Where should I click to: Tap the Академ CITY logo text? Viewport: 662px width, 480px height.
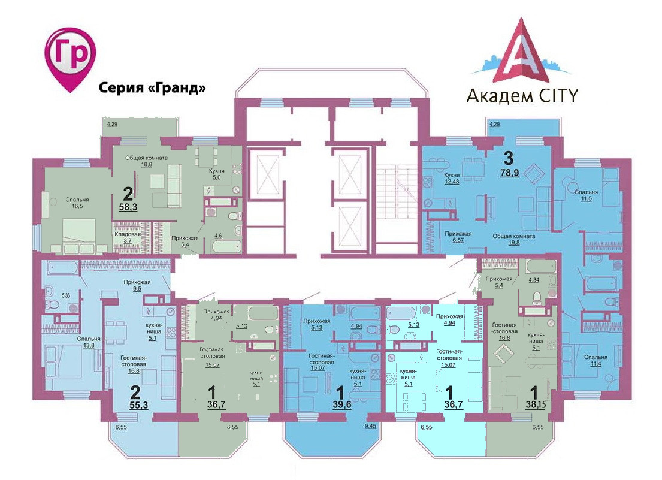pyautogui.click(x=521, y=94)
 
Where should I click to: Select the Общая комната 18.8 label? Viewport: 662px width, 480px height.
pyautogui.click(x=146, y=162)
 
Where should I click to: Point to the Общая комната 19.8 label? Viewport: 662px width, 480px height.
pyautogui.click(x=513, y=240)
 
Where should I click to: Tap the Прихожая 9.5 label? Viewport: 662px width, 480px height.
pyautogui.click(x=137, y=285)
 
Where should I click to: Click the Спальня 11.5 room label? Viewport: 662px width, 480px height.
pyautogui.click(x=585, y=195)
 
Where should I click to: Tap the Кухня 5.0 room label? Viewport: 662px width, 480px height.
pyautogui.click(x=216, y=174)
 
